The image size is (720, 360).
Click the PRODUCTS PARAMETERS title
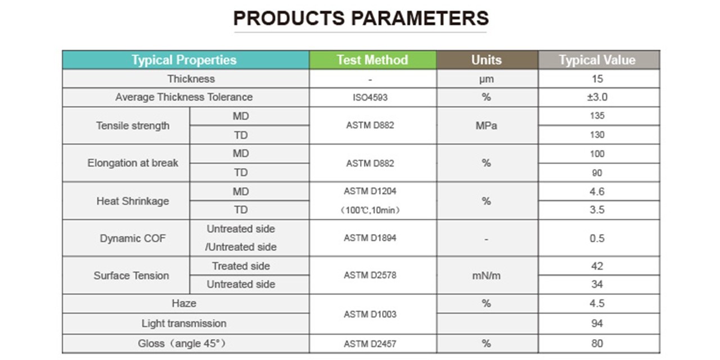click(x=361, y=18)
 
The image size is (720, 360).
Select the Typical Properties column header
click(x=184, y=60)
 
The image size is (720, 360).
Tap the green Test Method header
click(x=372, y=60)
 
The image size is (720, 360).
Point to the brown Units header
click(x=487, y=60)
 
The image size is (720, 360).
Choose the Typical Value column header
click(x=597, y=60)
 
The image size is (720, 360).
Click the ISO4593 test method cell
click(x=370, y=97)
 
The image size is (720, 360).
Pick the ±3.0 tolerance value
click(x=597, y=97)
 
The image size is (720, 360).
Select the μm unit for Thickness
click(x=487, y=79)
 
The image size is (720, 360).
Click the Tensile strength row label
click(x=133, y=125)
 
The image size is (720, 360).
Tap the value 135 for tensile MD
click(x=597, y=116)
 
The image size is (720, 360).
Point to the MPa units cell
click(x=487, y=125)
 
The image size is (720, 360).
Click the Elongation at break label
click(x=133, y=163)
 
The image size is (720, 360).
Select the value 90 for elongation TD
click(x=597, y=173)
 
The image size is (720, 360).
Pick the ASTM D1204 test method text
click(x=370, y=191)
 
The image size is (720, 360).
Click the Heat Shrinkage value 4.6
click(x=597, y=192)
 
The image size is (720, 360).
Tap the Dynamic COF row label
click(x=133, y=238)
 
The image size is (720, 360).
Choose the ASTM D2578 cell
click(x=370, y=275)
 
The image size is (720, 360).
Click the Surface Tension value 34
click(x=597, y=284)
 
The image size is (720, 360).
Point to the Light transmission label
click(x=184, y=323)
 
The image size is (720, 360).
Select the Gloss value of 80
click(x=597, y=343)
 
